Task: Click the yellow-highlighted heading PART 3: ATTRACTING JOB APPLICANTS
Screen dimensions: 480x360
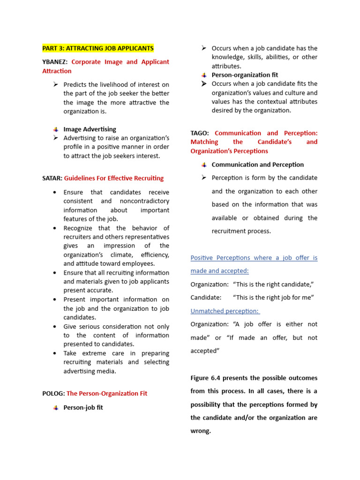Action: [97, 48]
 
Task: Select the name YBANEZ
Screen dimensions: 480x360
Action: [55, 62]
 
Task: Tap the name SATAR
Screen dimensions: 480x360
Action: [52, 178]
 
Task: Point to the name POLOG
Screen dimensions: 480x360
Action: [53, 394]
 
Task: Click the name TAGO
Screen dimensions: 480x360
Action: [199, 133]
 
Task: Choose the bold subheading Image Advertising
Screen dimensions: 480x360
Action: [90, 129]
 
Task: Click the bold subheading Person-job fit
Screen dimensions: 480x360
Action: [83, 408]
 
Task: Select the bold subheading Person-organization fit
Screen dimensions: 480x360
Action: [245, 75]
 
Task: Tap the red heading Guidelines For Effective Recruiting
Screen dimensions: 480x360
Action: [114, 178]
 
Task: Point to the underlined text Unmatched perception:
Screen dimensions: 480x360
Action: [225, 311]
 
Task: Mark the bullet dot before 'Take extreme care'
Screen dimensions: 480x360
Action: [55, 353]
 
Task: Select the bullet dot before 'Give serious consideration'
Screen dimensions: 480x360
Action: [55, 327]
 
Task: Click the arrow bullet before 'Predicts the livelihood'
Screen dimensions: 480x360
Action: [55, 84]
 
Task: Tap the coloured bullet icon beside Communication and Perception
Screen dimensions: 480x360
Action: [204, 165]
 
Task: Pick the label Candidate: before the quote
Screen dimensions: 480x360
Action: [205, 298]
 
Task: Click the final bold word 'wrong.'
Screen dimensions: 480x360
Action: [201, 431]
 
